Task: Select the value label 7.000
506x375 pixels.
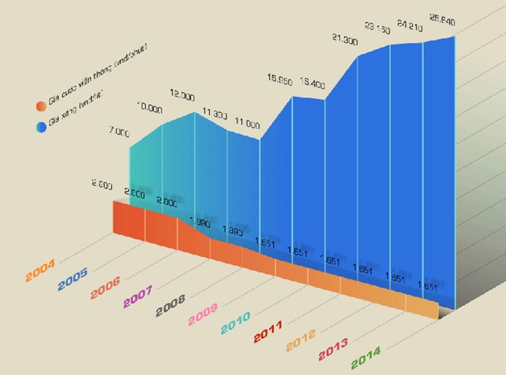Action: [119, 132]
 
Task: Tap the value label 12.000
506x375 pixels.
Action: [182, 95]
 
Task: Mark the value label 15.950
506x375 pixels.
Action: [280, 79]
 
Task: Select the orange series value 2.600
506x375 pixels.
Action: [102, 184]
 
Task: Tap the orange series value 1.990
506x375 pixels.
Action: [199, 222]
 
